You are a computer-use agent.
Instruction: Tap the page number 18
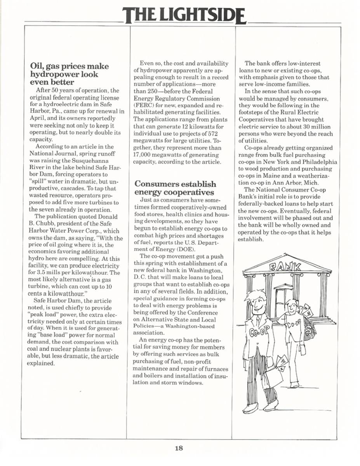[179, 448]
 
